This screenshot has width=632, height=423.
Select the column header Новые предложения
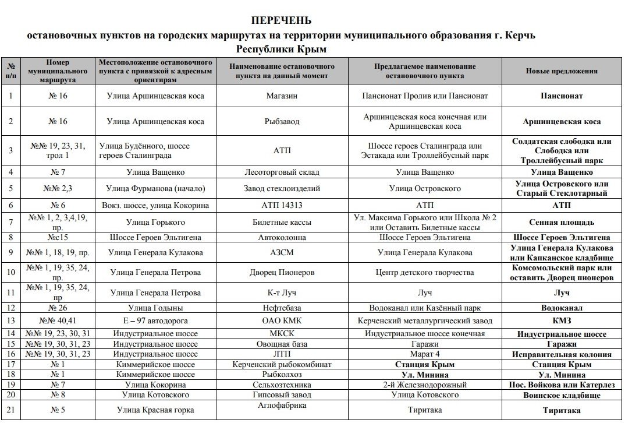tap(562, 71)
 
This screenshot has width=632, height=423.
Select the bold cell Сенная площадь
tap(562, 222)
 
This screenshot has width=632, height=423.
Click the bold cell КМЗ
tap(562, 320)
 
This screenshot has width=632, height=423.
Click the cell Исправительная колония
tap(562, 354)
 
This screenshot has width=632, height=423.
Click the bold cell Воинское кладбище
tap(562, 395)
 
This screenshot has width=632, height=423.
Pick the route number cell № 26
tap(58, 308)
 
